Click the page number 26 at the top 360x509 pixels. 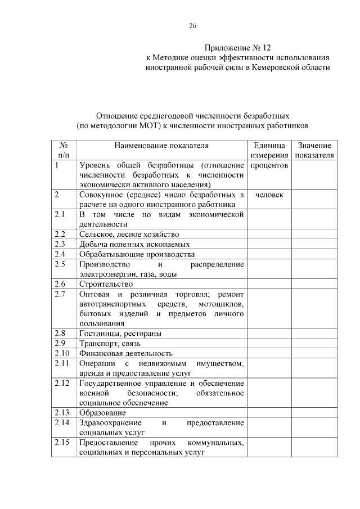pos(192,26)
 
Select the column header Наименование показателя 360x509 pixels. pos(161,145)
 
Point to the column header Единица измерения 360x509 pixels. pos(269,150)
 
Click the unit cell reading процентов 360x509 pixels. pos(269,166)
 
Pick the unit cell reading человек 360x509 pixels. pos(269,195)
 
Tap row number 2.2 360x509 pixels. pos(60,234)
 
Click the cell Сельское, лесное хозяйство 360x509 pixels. pos(129,234)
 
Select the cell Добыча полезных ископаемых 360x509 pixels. pos(134,244)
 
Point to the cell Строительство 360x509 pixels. pos(106,284)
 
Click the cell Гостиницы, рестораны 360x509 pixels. pos(120,334)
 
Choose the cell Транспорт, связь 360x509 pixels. pos(110,343)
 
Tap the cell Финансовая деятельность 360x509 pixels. pos(125,353)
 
